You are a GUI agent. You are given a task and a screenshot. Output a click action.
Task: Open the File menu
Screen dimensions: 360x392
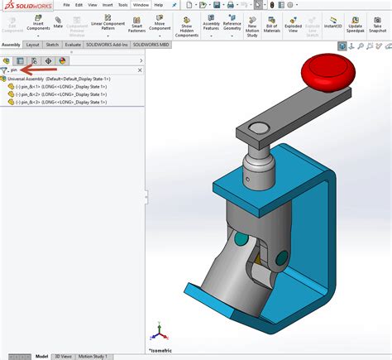[x=66, y=5]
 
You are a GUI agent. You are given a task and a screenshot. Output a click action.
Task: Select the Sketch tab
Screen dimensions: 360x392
[x=51, y=45]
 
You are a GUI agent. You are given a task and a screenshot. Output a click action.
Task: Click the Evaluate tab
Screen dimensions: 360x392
[x=73, y=45]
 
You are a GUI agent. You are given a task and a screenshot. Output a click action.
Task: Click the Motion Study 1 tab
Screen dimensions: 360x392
[x=93, y=357]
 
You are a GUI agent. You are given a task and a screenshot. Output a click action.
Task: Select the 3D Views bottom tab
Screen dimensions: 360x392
[x=62, y=357]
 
